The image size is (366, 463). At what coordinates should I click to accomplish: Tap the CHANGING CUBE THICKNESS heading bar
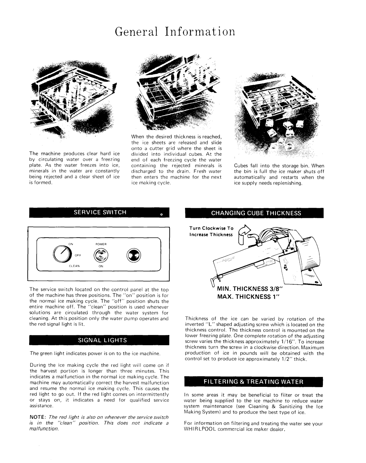tap(256, 213)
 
